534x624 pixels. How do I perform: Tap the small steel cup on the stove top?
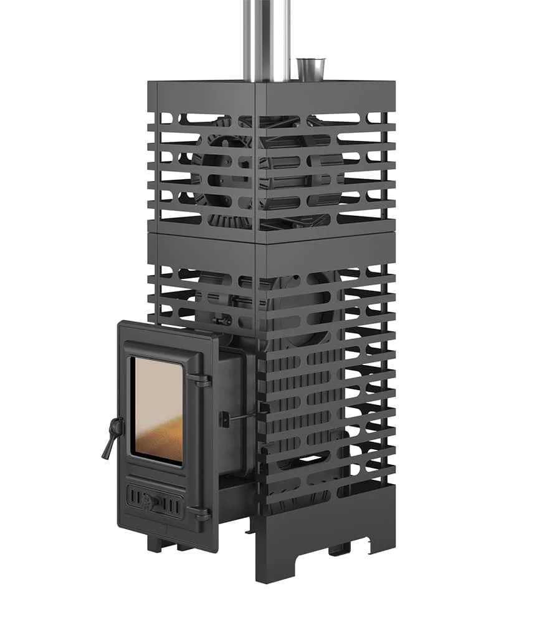[310, 69]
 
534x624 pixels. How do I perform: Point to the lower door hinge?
[201, 513]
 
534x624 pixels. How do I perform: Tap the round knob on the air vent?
[148, 500]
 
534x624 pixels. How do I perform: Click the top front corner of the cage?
[257, 84]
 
